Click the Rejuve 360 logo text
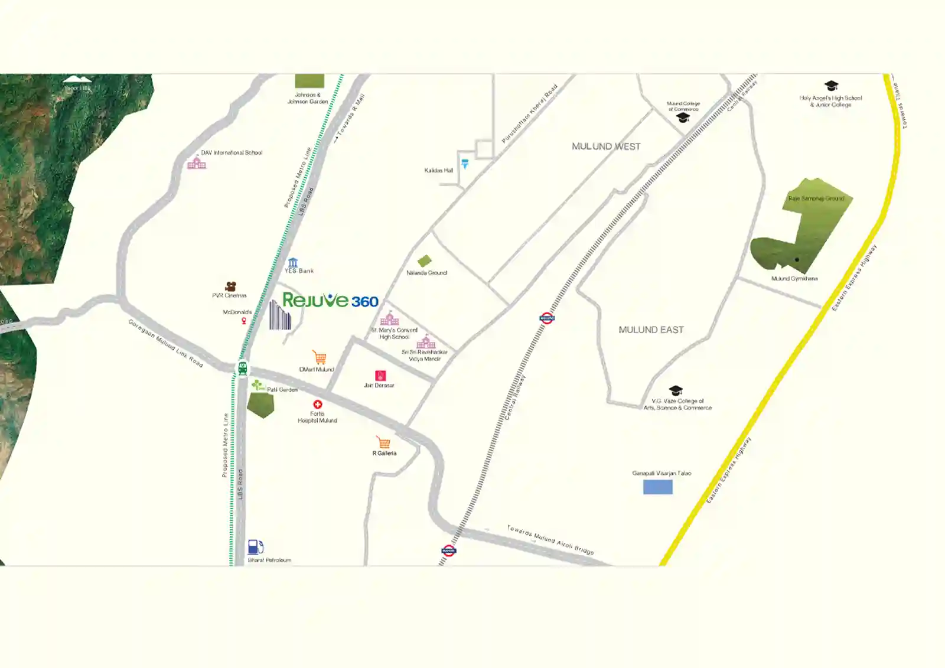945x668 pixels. (x=330, y=300)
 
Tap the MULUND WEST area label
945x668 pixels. (x=606, y=146)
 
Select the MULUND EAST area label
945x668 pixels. (x=651, y=330)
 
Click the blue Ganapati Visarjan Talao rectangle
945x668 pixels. (x=657, y=487)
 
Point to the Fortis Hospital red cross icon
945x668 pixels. (x=318, y=405)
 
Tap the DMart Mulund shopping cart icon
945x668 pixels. (x=320, y=357)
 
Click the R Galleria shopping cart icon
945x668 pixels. (x=384, y=442)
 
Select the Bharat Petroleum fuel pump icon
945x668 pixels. (x=255, y=547)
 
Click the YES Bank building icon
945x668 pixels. (x=293, y=262)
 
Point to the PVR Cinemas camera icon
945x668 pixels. (x=231, y=286)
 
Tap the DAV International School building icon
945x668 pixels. (x=197, y=162)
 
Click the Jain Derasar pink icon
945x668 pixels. (x=380, y=376)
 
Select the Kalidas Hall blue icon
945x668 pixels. (x=465, y=164)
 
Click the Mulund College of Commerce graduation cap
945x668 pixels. (x=683, y=118)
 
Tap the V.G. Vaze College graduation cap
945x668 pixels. (x=676, y=390)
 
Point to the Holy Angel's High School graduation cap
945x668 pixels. (x=831, y=86)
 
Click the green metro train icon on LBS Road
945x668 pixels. (x=242, y=369)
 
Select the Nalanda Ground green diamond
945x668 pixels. (x=424, y=260)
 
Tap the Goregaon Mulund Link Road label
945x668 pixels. (x=165, y=343)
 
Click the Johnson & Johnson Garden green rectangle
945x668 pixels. (x=309, y=81)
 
